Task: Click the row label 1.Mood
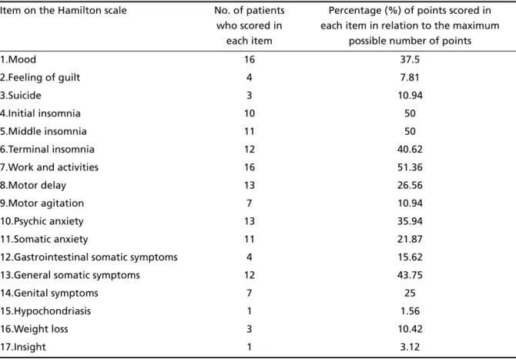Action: pyautogui.click(x=18, y=59)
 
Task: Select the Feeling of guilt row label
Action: pyautogui.click(x=40, y=77)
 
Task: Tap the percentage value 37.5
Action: pyautogui.click(x=410, y=59)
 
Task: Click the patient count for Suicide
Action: pyautogui.click(x=249, y=96)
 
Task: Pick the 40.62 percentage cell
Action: pyautogui.click(x=410, y=150)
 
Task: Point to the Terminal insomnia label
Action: pyautogui.click(x=47, y=150)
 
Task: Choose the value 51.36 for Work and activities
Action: pyautogui.click(x=410, y=167)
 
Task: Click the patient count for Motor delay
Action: pyautogui.click(x=249, y=185)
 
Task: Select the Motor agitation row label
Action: pyautogui.click(x=42, y=204)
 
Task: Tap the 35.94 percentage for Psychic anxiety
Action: pyautogui.click(x=410, y=221)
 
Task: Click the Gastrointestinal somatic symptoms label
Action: pyautogui.click(x=89, y=257)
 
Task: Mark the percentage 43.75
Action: pyautogui.click(x=410, y=275)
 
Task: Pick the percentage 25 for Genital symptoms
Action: pyautogui.click(x=410, y=293)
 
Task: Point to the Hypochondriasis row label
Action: pyautogui.click(x=45, y=311)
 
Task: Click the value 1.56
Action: pyautogui.click(x=410, y=311)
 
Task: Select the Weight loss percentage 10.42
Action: pyautogui.click(x=410, y=329)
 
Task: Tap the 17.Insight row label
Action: pyautogui.click(x=22, y=347)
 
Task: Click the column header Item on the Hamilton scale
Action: pyautogui.click(x=63, y=11)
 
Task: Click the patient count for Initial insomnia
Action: pyautogui.click(x=249, y=113)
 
